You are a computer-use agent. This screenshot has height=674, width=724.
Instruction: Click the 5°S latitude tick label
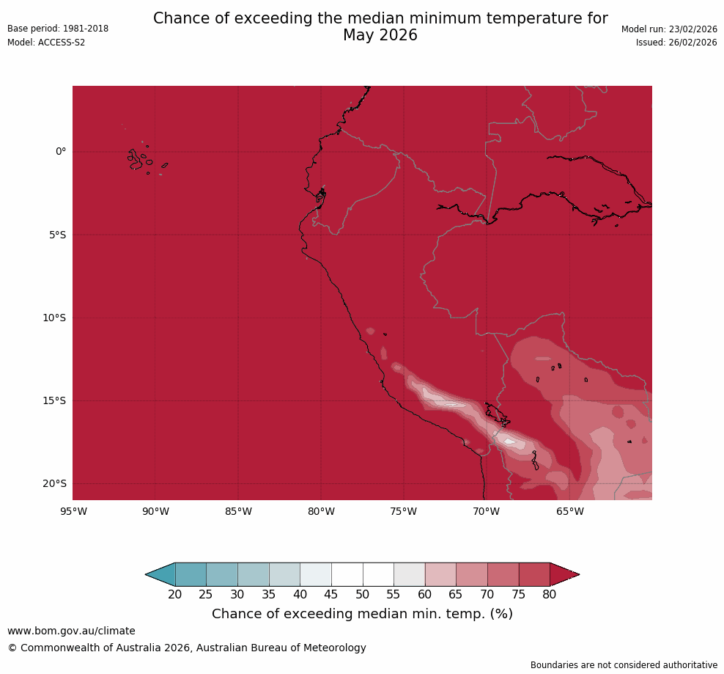point(57,235)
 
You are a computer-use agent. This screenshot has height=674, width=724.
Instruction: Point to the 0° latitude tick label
point(60,152)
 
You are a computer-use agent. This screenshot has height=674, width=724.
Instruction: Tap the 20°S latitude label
point(54,483)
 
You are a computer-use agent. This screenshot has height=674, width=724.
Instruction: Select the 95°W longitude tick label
point(73,511)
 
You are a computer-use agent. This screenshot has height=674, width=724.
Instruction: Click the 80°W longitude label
point(321,511)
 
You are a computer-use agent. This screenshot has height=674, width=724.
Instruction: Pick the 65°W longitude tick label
point(569,511)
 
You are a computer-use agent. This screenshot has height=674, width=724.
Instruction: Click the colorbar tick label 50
point(363,595)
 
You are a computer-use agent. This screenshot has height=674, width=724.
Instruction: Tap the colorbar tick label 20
point(175,595)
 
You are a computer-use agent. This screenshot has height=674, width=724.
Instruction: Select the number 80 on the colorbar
point(550,595)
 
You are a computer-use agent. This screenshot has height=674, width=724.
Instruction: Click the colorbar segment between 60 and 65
point(440,574)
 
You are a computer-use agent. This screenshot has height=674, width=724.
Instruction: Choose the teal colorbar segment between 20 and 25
point(191,574)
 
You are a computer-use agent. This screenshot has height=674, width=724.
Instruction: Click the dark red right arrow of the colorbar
point(564,574)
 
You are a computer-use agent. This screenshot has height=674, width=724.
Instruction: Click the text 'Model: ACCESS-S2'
point(46,43)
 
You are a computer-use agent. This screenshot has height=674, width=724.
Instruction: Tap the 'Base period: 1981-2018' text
point(58,29)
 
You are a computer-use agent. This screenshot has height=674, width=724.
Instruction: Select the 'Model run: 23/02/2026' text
point(669,29)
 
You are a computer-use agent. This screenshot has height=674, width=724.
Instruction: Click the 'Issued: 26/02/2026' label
point(676,43)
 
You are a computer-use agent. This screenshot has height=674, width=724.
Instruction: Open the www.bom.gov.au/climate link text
point(71,631)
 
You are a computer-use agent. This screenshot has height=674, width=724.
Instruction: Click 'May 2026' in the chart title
point(380,35)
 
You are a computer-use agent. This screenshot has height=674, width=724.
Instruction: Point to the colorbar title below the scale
point(362,614)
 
